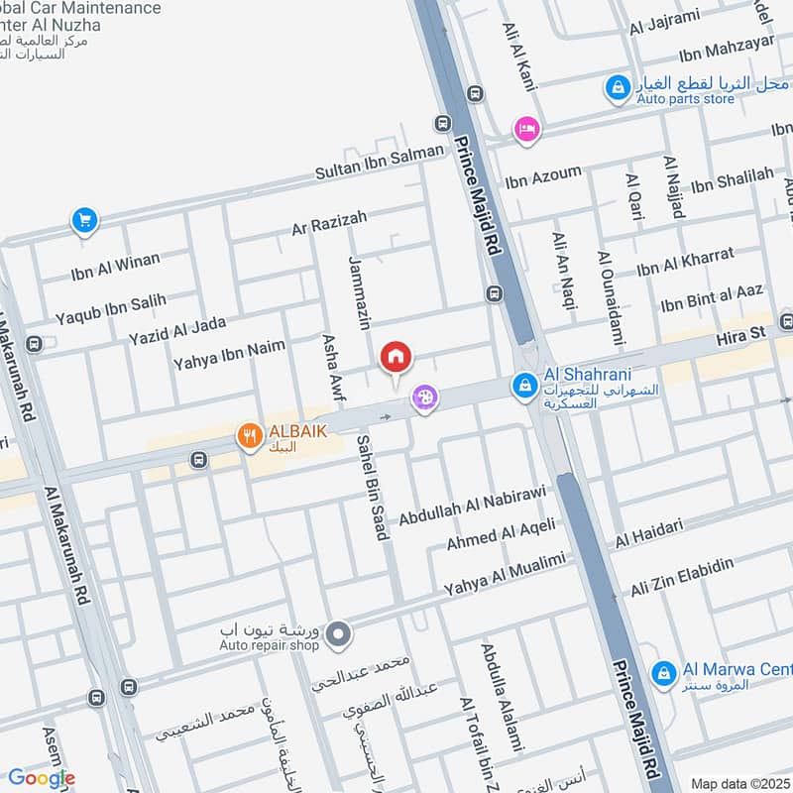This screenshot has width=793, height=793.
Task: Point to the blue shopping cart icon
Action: (84, 220)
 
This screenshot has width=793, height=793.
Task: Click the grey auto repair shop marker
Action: (339, 630)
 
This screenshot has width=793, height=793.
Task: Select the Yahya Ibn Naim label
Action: (229, 355)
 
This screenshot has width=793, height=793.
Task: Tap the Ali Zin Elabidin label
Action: (682, 578)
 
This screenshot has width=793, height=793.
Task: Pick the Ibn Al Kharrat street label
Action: (685, 263)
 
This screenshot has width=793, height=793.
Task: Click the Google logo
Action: (42, 778)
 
